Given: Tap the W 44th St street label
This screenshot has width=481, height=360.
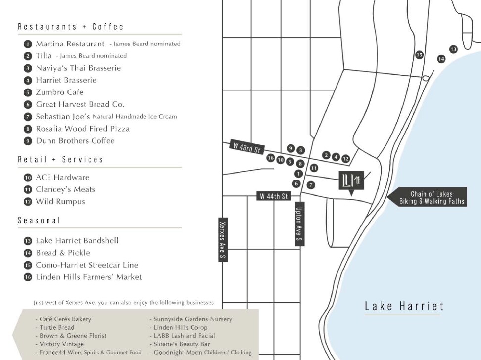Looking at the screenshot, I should click(273, 196).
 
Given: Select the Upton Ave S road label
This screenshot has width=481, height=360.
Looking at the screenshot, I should click(299, 224).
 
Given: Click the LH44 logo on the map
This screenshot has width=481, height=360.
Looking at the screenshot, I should click(351, 181).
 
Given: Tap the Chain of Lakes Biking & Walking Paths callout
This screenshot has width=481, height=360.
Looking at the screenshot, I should click(432, 198).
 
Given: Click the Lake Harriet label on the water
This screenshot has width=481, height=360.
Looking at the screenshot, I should click(404, 306).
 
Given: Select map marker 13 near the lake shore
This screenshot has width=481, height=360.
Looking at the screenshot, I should click(453, 49).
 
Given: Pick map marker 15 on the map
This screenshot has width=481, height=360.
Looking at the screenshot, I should click(419, 55).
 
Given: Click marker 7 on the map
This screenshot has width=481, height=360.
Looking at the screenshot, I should click(310, 185).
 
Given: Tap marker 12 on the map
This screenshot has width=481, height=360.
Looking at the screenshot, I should click(345, 159).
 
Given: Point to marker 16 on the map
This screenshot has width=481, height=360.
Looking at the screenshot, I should click(270, 158).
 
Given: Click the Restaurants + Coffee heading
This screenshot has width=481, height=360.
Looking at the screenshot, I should click(71, 27).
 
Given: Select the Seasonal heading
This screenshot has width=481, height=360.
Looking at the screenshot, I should click(39, 220).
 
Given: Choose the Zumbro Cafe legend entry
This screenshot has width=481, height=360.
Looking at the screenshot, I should click(59, 92).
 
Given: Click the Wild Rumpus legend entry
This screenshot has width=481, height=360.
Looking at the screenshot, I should click(60, 202).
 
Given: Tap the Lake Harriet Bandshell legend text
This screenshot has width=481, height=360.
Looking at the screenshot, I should click(77, 241).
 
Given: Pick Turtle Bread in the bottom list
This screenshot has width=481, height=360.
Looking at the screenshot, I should click(56, 327).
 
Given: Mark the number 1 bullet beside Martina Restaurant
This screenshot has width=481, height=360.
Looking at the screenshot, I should click(28, 44).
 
